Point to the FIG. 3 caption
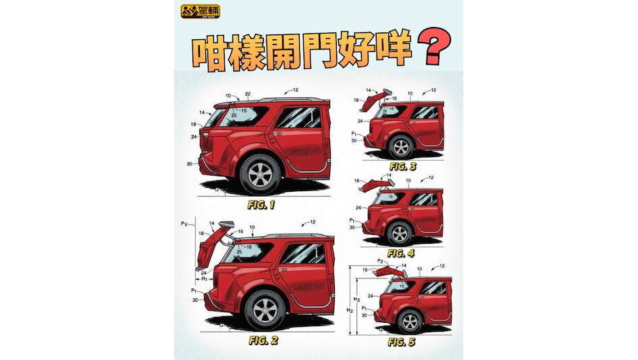[403, 165]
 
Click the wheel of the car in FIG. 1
[260, 175]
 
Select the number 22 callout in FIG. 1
[248, 94]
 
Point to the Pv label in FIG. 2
[184, 222]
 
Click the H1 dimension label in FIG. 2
[201, 278]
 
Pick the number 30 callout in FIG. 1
[190, 163]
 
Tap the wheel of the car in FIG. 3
[400, 147]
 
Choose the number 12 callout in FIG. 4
[430, 178]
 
